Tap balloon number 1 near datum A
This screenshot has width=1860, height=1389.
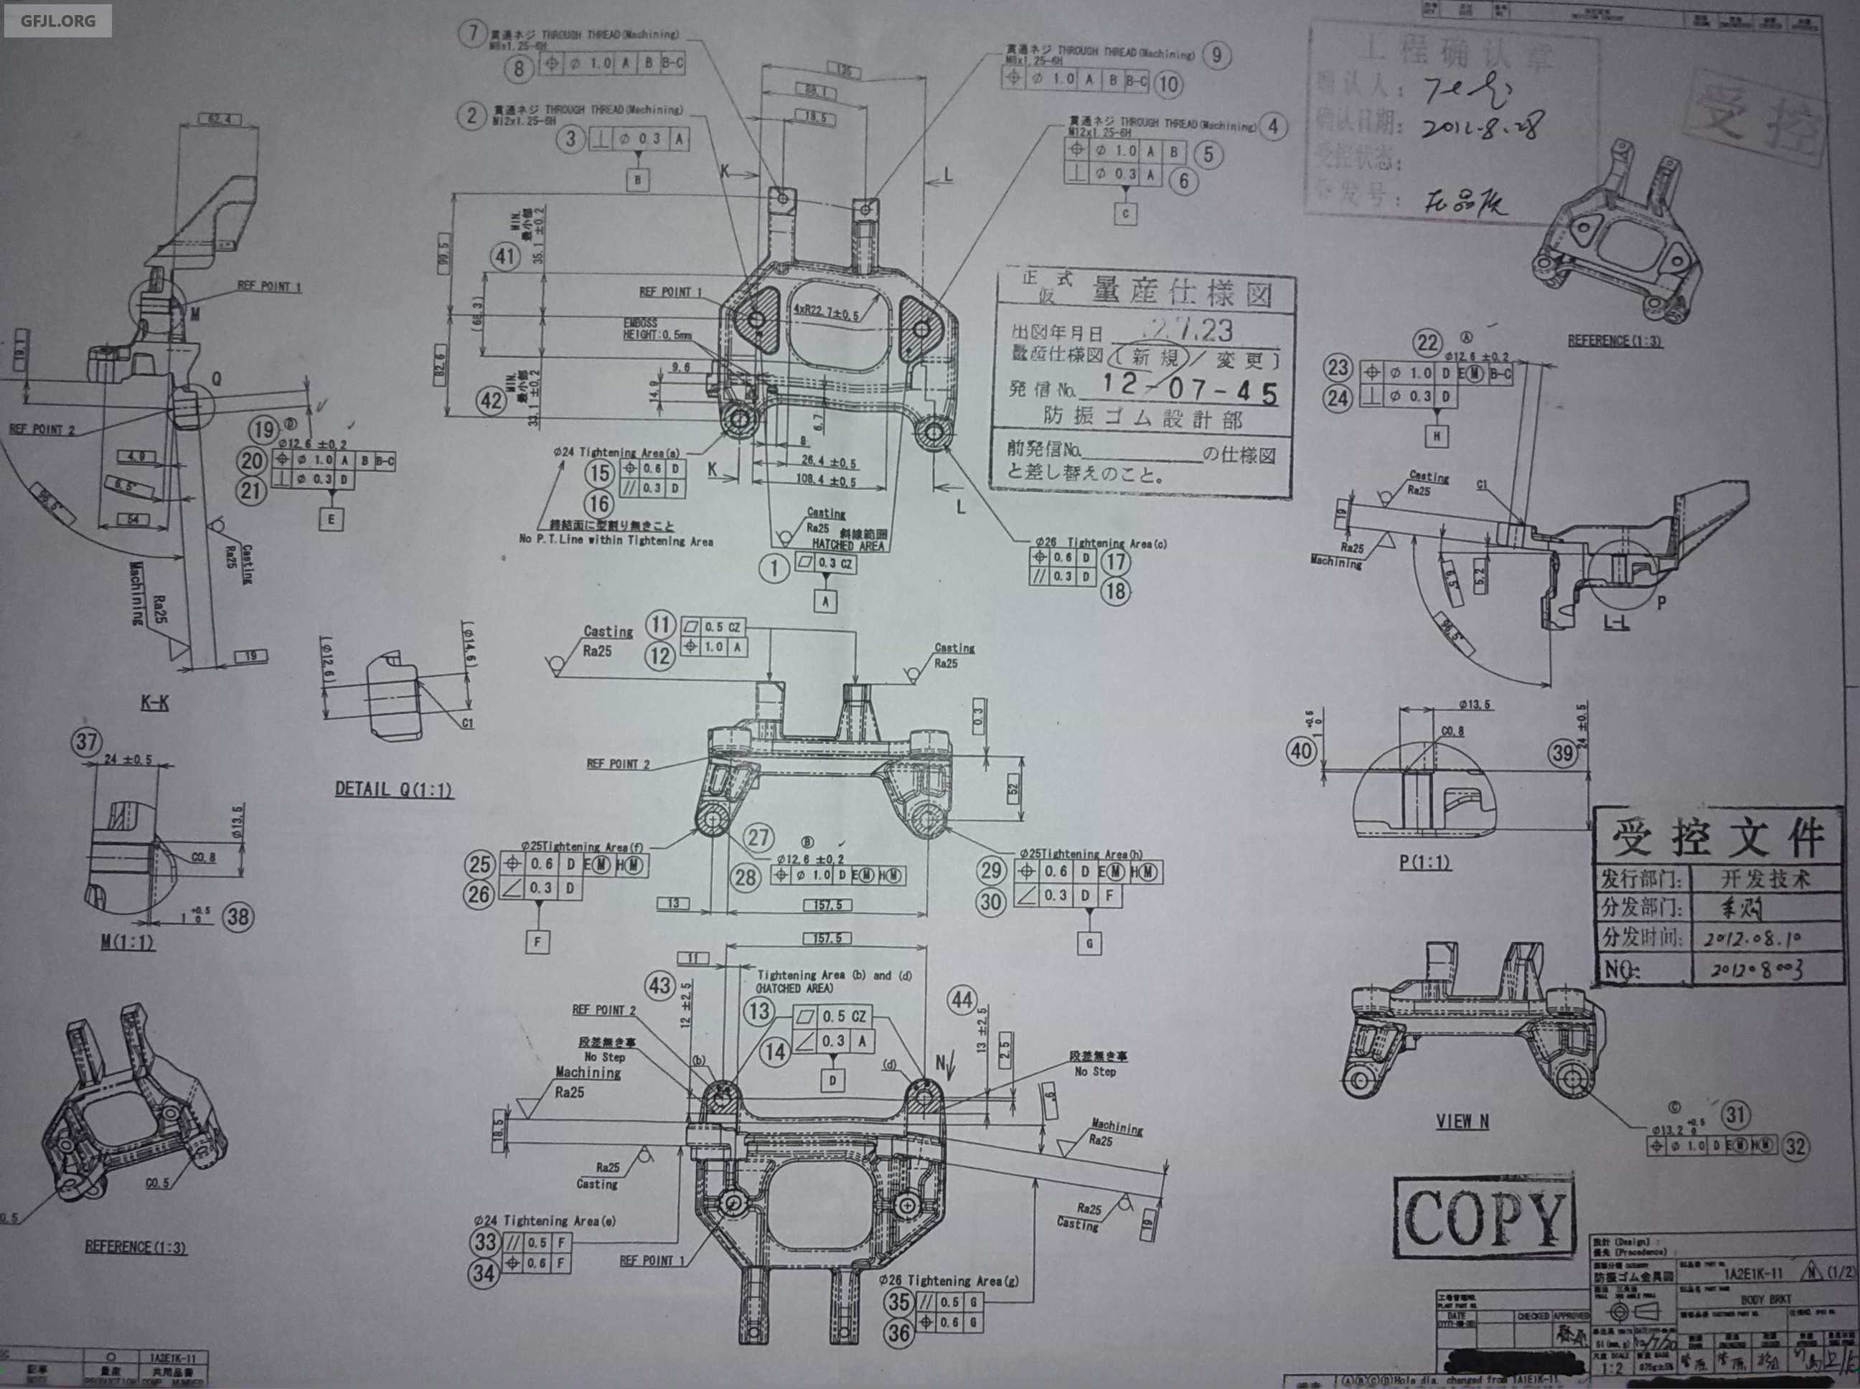[774, 568]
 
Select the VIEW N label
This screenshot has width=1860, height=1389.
[1462, 1121]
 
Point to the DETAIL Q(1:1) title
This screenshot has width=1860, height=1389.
[393, 789]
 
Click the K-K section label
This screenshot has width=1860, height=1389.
[155, 702]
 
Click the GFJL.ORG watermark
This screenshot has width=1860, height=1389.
[57, 19]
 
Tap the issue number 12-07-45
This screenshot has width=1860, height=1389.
[1190, 387]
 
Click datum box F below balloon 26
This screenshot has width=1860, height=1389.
[538, 942]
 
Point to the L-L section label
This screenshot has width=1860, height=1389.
[1615, 623]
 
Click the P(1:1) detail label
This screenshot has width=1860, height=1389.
[1424, 862]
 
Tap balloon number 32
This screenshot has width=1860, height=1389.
[1795, 1146]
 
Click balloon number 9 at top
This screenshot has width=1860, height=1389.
[1216, 55]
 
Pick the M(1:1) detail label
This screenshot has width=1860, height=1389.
[128, 942]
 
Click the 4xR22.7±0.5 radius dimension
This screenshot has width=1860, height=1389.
[827, 314]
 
